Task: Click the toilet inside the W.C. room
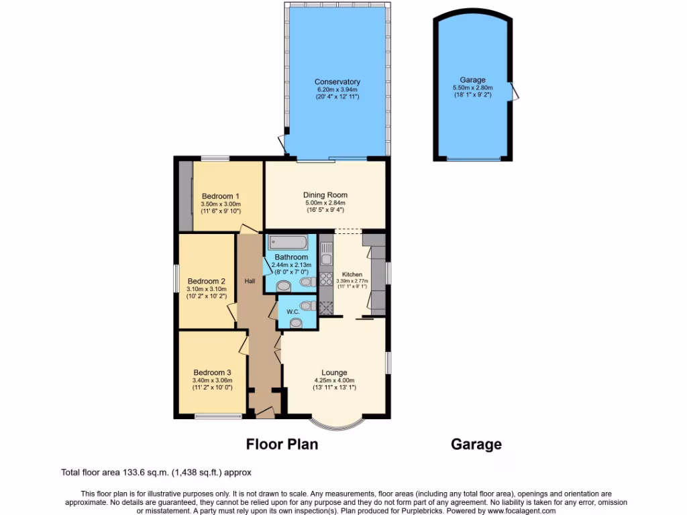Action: tap(296, 323)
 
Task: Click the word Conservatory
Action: tap(337, 82)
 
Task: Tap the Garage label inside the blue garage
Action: tap(473, 80)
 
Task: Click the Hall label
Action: tap(250, 281)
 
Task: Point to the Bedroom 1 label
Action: tap(220, 196)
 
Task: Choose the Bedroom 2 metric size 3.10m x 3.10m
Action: tap(205, 290)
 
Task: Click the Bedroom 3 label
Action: tap(212, 373)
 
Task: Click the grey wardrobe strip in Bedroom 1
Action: tap(184, 195)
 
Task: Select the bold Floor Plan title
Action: tap(282, 444)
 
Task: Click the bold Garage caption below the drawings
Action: tap(476, 444)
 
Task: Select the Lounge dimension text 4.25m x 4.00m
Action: tap(334, 380)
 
